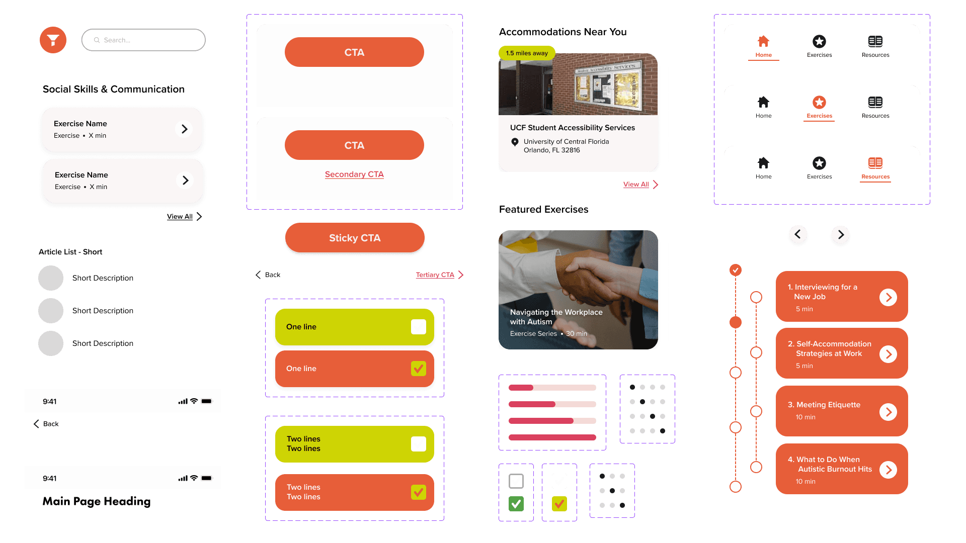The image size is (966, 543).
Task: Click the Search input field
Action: click(x=143, y=40)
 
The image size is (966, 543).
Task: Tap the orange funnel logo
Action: click(x=53, y=40)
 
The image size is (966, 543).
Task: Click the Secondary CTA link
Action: click(x=354, y=174)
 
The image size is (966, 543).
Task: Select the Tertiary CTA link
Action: click(x=435, y=275)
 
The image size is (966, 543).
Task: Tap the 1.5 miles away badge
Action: click(x=527, y=53)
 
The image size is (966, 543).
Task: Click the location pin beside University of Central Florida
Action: click(x=515, y=142)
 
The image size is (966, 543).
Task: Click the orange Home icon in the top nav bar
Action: click(x=763, y=41)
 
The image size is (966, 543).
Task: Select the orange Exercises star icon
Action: click(x=819, y=103)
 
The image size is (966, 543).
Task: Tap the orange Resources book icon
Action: click(x=875, y=163)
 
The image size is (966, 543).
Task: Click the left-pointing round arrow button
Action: click(x=798, y=234)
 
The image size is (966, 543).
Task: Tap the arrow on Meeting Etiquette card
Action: click(x=888, y=412)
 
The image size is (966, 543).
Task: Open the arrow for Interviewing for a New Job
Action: click(x=888, y=297)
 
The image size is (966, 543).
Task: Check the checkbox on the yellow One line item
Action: click(x=418, y=327)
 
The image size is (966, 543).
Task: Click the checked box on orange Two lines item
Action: click(x=418, y=492)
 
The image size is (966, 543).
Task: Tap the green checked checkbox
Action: click(x=516, y=503)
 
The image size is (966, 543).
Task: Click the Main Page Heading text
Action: click(x=97, y=501)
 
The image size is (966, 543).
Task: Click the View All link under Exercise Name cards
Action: click(x=180, y=217)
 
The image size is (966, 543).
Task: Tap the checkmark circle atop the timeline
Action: click(x=736, y=270)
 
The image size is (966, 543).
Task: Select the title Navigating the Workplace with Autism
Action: click(x=556, y=317)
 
